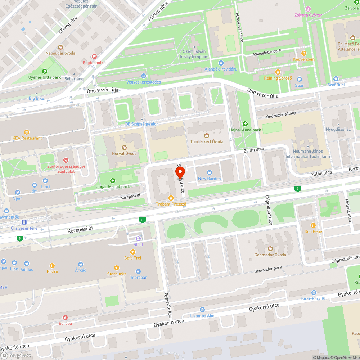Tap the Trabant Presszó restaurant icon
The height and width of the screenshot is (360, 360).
(x=171, y=198)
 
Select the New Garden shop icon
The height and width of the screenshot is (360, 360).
(x=210, y=172)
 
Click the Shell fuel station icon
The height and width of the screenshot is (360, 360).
(x=138, y=239)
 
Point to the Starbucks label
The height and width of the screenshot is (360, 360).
(x=117, y=274)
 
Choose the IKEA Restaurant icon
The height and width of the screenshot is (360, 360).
(x=26, y=132)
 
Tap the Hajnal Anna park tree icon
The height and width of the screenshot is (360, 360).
(x=245, y=124)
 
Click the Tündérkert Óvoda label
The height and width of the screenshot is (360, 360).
(x=207, y=141)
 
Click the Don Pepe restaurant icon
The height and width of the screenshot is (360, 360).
(x=313, y=225)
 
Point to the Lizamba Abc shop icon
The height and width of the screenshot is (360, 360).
(x=202, y=310)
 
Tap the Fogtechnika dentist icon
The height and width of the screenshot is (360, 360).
(x=94, y=57)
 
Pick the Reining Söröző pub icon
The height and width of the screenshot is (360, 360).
(x=278, y=72)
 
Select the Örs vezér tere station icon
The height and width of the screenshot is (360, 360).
(x=24, y=222)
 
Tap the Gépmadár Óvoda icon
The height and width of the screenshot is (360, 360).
(x=270, y=249)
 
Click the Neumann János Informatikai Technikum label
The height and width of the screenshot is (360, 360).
(x=307, y=154)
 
